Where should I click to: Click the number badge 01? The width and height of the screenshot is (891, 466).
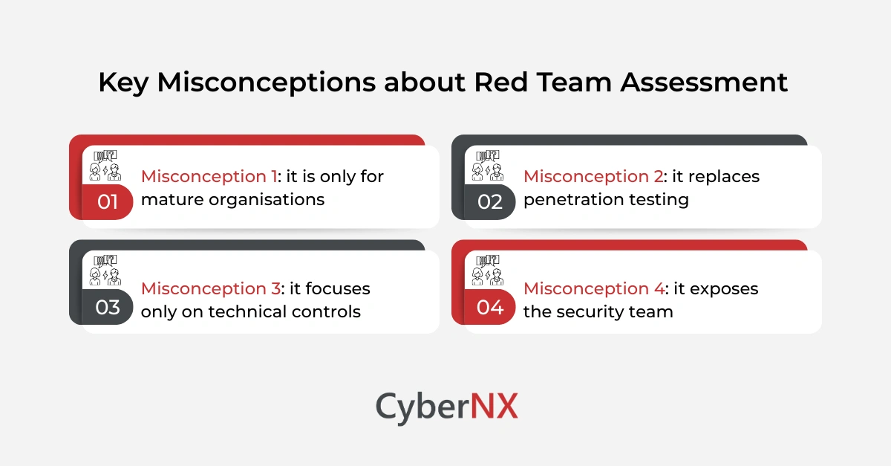108,201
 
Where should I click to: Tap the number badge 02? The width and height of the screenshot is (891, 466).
490,201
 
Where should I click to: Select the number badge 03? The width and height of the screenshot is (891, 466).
108,307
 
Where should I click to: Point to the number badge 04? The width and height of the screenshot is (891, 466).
490,307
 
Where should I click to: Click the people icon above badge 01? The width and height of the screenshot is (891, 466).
105,165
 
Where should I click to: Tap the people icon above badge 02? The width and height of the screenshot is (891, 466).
487,165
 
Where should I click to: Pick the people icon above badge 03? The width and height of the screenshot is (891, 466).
105,271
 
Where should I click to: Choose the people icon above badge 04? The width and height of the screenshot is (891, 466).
487,271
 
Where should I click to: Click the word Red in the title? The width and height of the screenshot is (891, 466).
500,82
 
